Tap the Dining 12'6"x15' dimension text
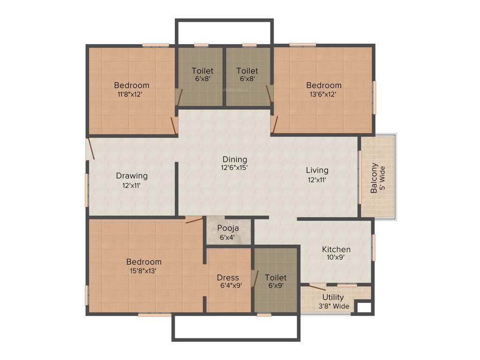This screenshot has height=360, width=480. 234,167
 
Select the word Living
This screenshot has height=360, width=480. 317,170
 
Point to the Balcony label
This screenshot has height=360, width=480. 374,178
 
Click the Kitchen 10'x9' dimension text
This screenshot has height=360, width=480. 336,257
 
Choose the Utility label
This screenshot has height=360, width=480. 333,297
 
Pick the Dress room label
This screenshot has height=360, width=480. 228,277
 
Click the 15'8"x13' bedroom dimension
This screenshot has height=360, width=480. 144,270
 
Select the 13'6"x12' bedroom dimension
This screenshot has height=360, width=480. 323,94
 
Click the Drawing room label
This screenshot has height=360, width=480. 132,176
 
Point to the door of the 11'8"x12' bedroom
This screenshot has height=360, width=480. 174,126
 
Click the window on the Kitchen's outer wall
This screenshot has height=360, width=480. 374,247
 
